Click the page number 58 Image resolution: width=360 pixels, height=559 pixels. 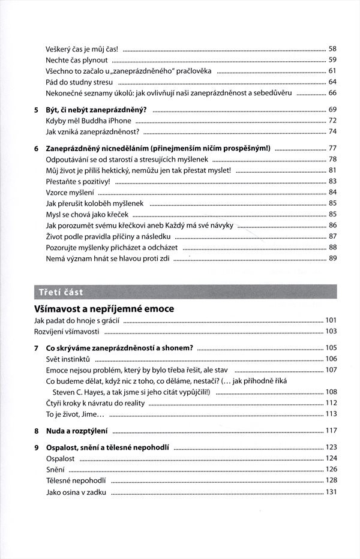(332, 49)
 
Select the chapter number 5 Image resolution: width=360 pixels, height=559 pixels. (36, 110)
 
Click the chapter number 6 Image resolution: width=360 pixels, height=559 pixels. (36, 148)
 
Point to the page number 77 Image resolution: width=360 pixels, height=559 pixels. (332, 148)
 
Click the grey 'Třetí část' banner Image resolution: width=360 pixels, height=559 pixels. (180, 292)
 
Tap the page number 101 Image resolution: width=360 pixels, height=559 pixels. (331, 320)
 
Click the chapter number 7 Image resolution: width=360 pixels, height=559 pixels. (36, 348)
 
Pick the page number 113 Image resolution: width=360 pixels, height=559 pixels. (331, 414)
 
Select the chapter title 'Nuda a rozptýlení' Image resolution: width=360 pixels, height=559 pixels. (76, 431)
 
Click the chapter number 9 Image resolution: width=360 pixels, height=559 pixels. (36, 447)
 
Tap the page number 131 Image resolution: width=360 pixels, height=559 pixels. (331, 492)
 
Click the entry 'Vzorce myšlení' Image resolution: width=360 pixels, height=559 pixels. (70, 193)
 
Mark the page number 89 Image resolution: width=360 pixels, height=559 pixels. (332, 259)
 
